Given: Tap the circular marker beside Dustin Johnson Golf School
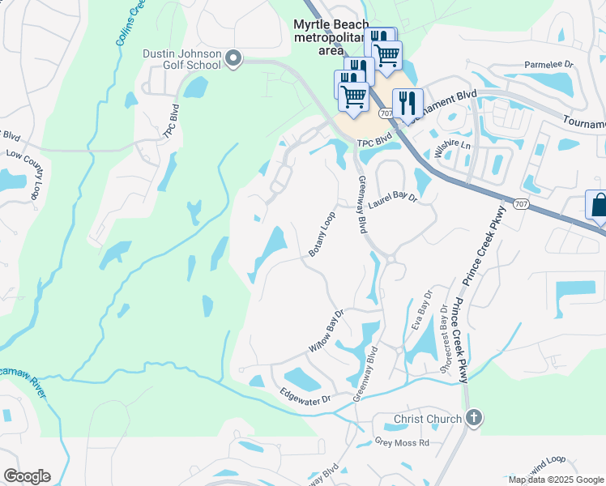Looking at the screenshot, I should (x=234, y=58).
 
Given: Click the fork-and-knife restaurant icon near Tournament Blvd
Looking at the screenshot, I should (x=408, y=104).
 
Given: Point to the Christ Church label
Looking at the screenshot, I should (x=428, y=419).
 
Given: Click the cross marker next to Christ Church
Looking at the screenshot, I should (x=474, y=419).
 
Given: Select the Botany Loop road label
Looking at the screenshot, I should (x=322, y=236).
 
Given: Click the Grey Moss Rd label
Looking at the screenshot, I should (x=401, y=443).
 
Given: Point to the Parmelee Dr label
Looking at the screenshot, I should (x=548, y=63).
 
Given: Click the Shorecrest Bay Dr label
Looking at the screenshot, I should (x=444, y=330).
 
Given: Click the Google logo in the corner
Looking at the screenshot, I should (x=27, y=475).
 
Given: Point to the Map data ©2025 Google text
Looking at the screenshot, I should (x=556, y=480).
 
